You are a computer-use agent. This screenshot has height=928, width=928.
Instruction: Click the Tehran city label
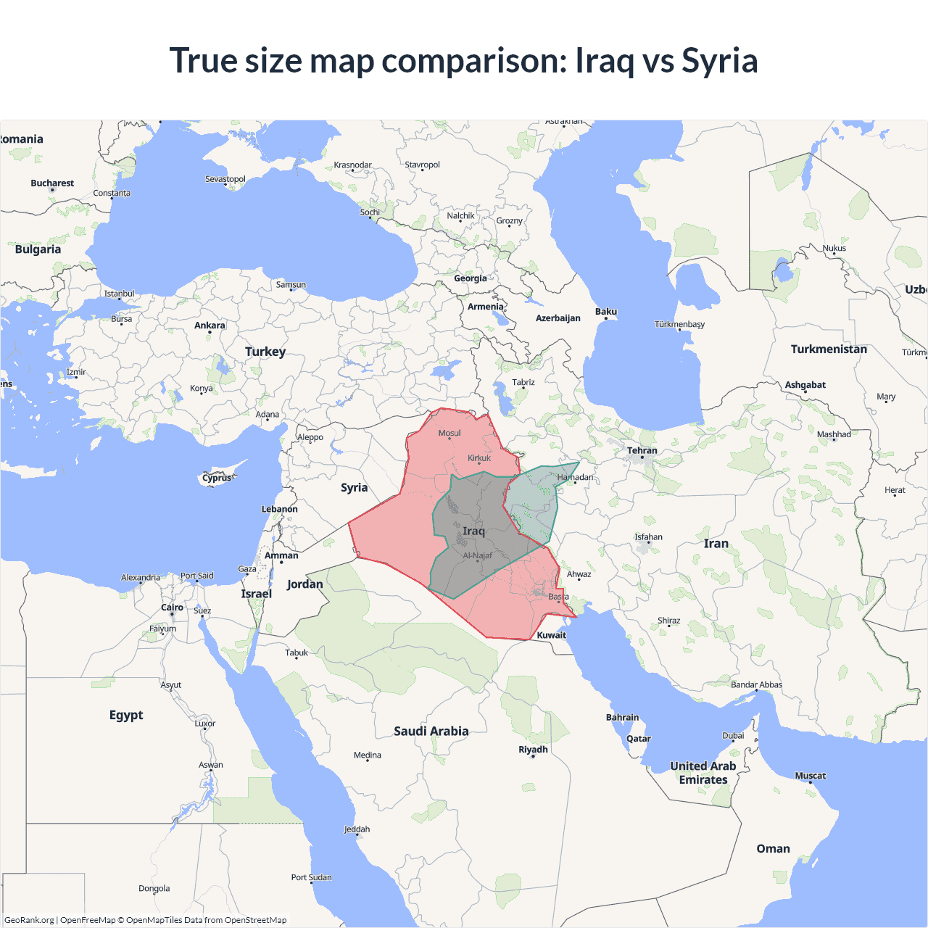[642, 450]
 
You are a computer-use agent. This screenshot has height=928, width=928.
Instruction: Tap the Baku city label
[606, 312]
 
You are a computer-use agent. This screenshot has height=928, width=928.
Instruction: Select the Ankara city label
[210, 326]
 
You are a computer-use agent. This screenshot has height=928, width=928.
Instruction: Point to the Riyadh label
[533, 750]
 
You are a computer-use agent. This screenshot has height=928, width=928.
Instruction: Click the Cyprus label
[217, 478]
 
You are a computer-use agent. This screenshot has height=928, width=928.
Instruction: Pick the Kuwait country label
[552, 635]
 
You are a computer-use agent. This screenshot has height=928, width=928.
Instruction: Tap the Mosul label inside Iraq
[449, 433]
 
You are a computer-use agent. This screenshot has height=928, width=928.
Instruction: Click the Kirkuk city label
[479, 458]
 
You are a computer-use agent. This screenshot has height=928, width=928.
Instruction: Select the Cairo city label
[172, 608]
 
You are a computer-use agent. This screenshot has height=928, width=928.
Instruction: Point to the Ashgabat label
[805, 385]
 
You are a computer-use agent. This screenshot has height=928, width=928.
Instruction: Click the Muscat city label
[810, 776]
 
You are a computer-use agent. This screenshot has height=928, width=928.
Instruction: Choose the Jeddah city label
[357, 829]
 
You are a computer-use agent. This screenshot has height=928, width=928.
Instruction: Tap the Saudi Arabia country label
[431, 731]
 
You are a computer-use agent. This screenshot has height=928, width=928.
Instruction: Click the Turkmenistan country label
[829, 349]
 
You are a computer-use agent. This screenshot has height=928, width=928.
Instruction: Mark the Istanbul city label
[119, 294]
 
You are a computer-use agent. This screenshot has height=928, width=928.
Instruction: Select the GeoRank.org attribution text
[29, 920]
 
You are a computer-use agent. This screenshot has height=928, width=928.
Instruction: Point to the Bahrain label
[622, 718]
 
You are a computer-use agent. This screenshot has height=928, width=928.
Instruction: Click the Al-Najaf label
[478, 555]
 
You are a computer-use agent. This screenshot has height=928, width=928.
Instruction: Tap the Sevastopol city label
[225, 179]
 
